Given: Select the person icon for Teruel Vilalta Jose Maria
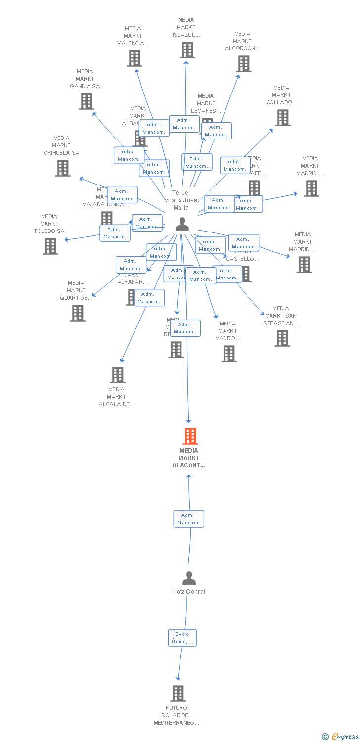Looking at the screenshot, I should pos(182,224).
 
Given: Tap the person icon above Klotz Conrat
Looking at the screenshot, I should pos(189,578).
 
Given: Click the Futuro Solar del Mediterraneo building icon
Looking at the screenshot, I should pos(178,694).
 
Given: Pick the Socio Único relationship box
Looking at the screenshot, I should pos(182,638).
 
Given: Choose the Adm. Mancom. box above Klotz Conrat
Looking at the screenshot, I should pos(188,519).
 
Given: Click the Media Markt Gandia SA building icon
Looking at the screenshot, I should pos(87,101).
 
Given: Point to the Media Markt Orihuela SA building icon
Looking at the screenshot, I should pos(63,168).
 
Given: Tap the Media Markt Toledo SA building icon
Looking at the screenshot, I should pos(50,246).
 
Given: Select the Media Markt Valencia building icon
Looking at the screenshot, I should pos(135,58).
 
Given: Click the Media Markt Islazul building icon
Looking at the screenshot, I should pos(187,50).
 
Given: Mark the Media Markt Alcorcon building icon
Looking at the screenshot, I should pos(243,64).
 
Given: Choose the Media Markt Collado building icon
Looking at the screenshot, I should pos(283,118).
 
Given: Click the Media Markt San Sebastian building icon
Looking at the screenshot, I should pos(282,338).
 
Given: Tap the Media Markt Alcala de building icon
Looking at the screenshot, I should pos(118,375).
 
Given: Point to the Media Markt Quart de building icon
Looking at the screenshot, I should pos(78,313).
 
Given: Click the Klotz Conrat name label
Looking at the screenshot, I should pos(188,592).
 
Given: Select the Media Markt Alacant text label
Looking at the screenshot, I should pos(189,458).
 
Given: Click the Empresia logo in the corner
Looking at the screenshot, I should pos(341,737).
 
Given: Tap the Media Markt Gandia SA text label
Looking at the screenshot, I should pos(85,79).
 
